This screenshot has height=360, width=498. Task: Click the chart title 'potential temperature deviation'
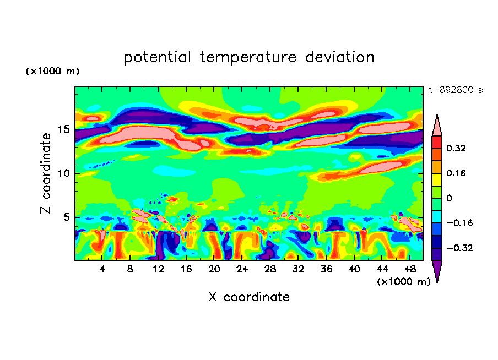point(249,57)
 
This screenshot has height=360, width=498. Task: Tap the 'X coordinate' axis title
point(249,297)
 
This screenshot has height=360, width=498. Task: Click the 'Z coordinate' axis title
point(47,173)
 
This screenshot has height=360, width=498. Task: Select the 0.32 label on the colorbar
point(457,148)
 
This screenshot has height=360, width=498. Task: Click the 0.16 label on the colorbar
point(457,173)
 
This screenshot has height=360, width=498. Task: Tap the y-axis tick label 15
point(63,129)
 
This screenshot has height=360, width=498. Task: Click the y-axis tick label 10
point(63,173)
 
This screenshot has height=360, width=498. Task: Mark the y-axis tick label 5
point(66,217)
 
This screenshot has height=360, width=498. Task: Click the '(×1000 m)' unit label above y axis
point(53,72)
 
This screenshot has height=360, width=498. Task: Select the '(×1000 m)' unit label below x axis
point(404,281)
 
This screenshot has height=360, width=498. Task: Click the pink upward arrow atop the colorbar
point(437,125)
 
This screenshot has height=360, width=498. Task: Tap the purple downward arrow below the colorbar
point(437,271)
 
